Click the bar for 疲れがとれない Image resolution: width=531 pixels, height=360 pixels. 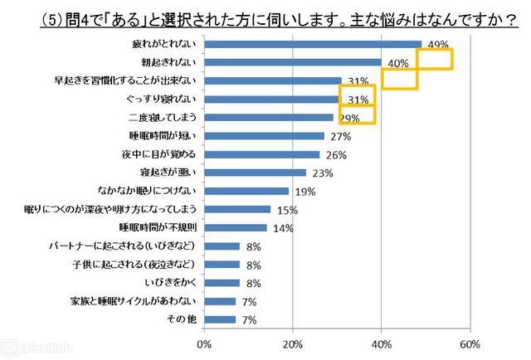click(312, 44)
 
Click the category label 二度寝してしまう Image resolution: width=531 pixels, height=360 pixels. click(161, 117)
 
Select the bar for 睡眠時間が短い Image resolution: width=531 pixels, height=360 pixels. click(263, 135)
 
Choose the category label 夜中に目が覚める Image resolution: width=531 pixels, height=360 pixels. click(157, 153)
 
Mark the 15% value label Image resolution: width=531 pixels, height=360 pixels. click(285, 210)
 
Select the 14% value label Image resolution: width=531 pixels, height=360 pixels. click(281, 228)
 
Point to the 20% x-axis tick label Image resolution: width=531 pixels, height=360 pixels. click(292, 343)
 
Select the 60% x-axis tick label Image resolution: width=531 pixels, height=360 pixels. click(470, 343)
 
